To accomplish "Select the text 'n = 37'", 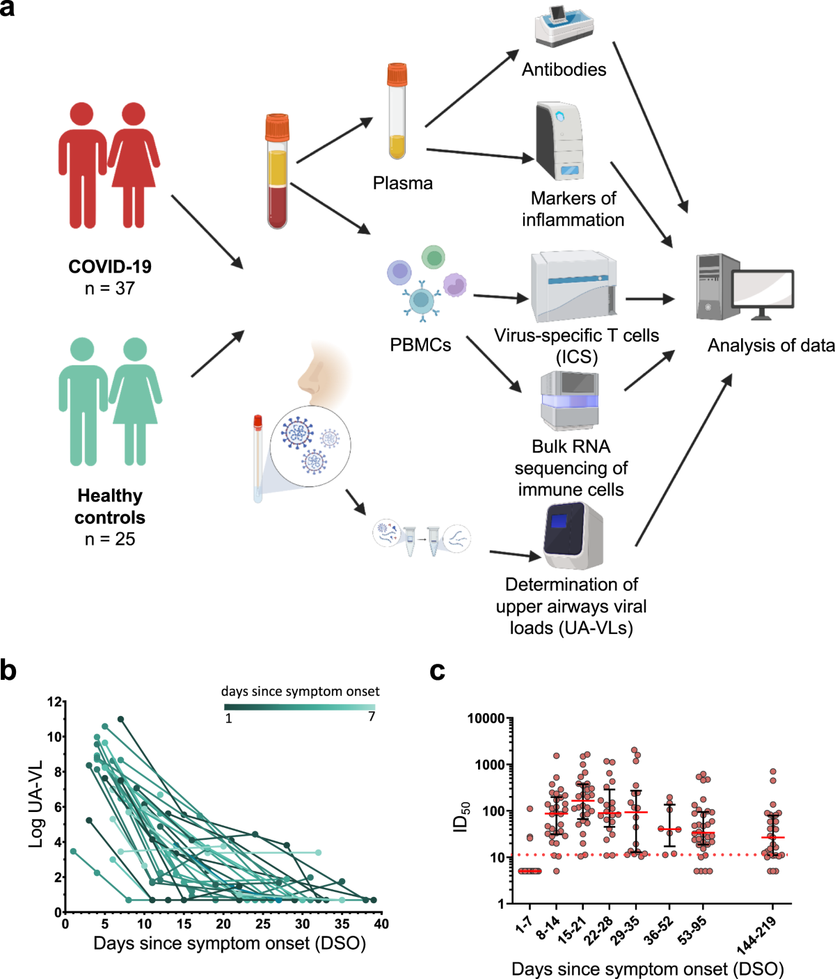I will pos(110,288).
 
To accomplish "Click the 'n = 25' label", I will pos(110,539).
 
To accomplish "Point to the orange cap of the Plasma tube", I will pos(397,74).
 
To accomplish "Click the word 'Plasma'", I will pos(402,183).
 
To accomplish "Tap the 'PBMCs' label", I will pos(420,344).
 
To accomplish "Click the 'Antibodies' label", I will pos(564,70).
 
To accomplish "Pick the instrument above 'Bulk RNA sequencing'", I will pos(570,401).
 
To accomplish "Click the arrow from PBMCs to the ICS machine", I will pos(501,298).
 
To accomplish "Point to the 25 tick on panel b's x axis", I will pos(262,924).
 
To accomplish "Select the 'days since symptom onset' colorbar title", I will pos(300,691).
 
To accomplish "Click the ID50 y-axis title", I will pos(461,816).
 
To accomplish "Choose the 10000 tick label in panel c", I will pos(485,719).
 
